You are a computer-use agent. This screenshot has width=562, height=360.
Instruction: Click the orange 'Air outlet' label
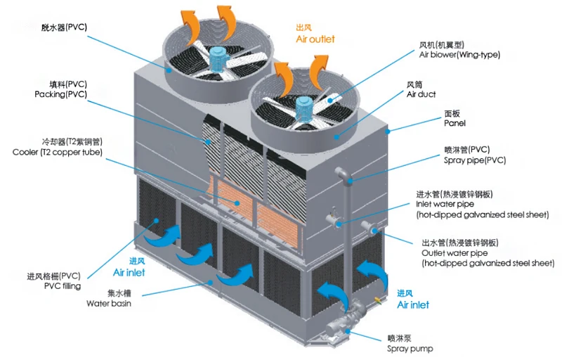coord(315,39)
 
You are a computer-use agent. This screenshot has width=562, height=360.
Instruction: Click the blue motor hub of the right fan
coord(306,105)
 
